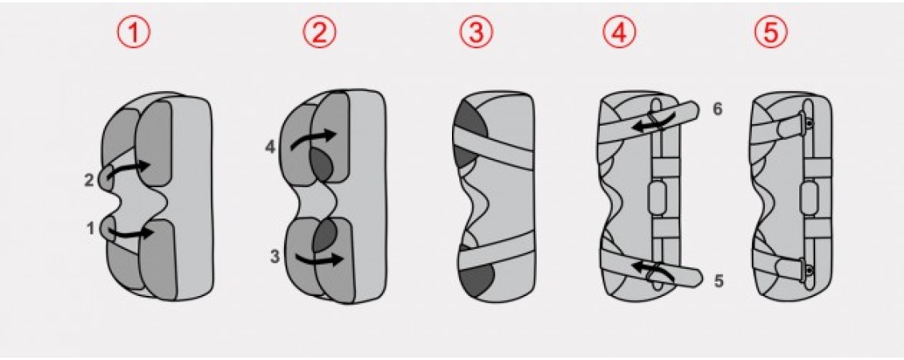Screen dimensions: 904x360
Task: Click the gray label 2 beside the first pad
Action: pyautogui.click(x=89, y=181)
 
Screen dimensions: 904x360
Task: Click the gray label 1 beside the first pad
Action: pyautogui.click(x=90, y=229)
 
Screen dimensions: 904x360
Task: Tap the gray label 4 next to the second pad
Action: pyautogui.click(x=270, y=146)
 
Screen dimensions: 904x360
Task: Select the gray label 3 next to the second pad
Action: pyautogui.click(x=275, y=257)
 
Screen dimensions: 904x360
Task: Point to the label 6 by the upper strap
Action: pyautogui.click(x=718, y=110)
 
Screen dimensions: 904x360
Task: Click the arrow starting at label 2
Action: pyautogui.click(x=128, y=169)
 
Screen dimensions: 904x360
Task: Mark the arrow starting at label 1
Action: pyautogui.click(x=130, y=234)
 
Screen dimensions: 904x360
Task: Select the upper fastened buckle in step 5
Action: pyautogui.click(x=799, y=123)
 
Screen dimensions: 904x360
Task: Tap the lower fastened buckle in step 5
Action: pyautogui.click(x=799, y=269)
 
